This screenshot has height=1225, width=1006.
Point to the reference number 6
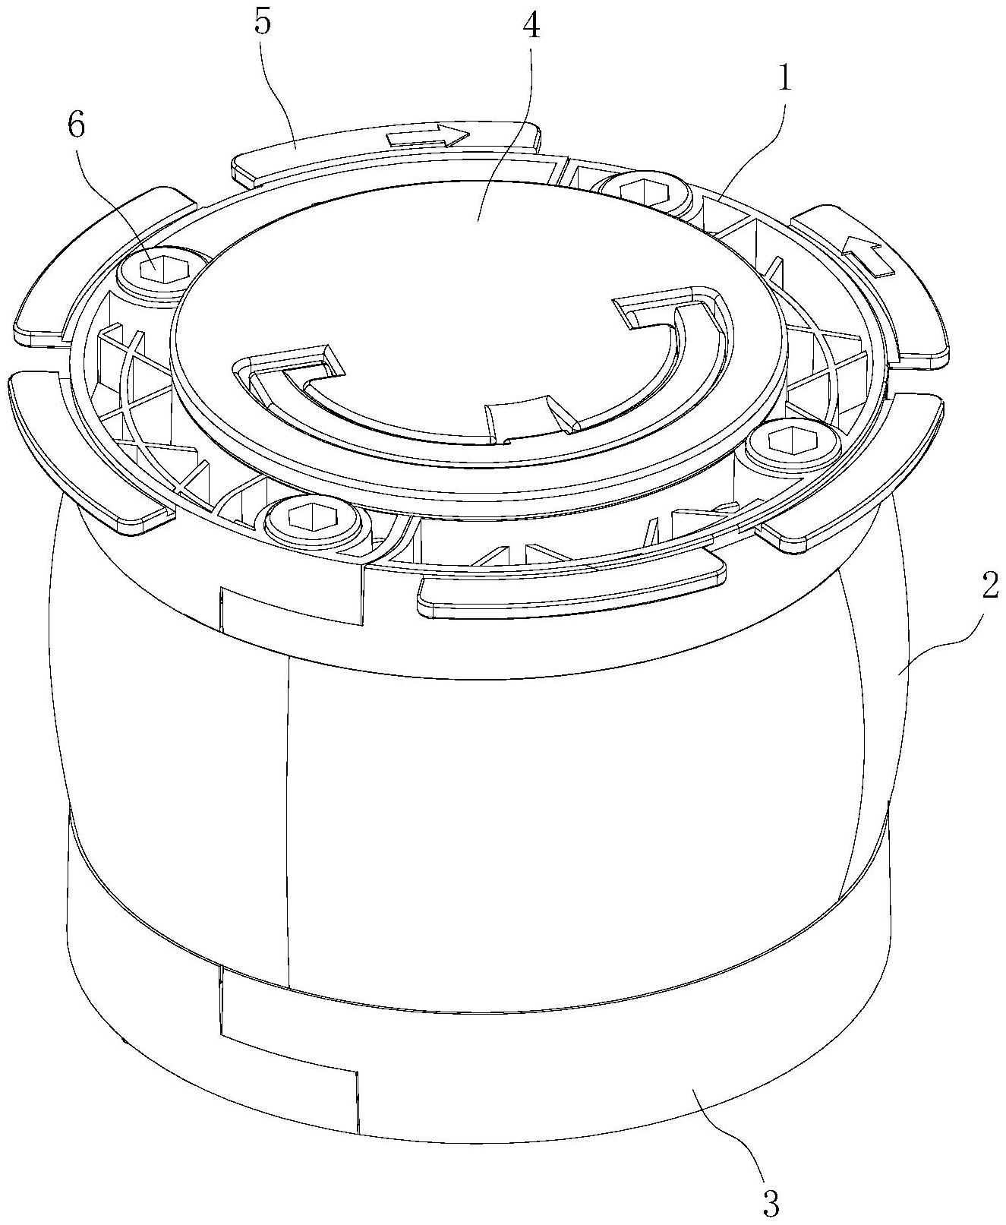[x=77, y=126]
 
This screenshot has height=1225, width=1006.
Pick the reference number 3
[x=770, y=1201]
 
